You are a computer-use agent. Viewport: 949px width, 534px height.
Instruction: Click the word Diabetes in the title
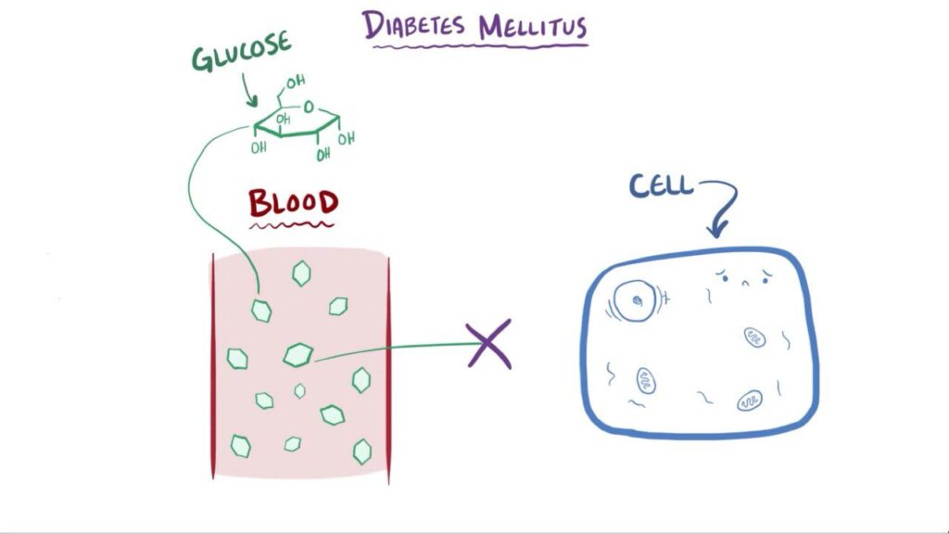(415, 25)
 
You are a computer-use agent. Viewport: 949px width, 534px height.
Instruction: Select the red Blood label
(293, 202)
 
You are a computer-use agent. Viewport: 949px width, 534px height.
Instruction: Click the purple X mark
(489, 345)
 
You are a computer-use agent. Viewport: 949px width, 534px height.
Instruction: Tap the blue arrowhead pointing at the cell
(719, 228)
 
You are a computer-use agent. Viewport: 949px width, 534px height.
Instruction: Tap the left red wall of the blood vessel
(213, 366)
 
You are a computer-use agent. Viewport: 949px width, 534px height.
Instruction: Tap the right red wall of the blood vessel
(388, 366)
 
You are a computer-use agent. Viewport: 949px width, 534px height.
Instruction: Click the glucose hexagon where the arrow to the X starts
(298, 354)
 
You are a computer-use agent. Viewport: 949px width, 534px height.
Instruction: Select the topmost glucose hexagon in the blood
(301, 273)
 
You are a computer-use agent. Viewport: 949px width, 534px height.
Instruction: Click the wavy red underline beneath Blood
(293, 224)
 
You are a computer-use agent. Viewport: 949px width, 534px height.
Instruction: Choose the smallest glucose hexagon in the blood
(299, 391)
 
